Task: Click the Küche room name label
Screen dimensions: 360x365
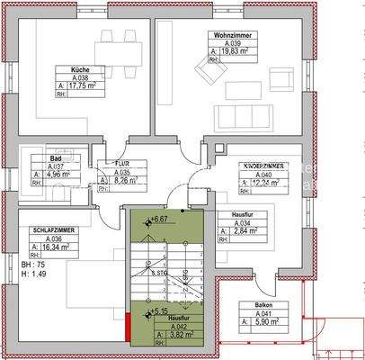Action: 80,69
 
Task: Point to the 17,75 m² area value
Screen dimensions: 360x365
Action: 84,85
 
